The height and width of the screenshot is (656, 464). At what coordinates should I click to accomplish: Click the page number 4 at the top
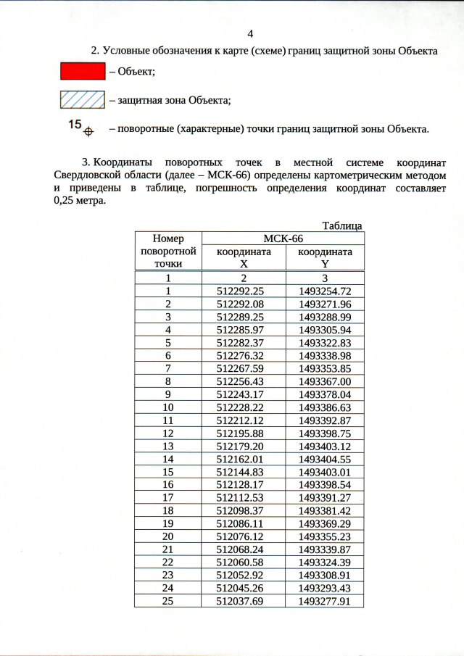pyautogui.click(x=251, y=34)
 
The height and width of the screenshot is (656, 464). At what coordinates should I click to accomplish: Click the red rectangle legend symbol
pyautogui.click(x=82, y=71)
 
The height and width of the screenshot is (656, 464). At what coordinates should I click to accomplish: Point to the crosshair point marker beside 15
pyautogui.click(x=89, y=132)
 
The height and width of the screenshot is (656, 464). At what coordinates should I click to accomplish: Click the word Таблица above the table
pyautogui.click(x=341, y=225)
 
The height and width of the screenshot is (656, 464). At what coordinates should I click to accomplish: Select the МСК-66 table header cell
pyautogui.click(x=282, y=238)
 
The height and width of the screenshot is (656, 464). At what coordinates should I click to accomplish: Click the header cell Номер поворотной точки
pyautogui.click(x=167, y=251)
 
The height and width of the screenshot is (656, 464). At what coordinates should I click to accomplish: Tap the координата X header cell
pyautogui.click(x=244, y=258)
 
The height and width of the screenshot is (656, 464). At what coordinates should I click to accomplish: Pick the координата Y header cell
pyautogui.click(x=325, y=258)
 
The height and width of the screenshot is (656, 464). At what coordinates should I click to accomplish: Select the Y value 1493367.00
pyautogui.click(x=325, y=381)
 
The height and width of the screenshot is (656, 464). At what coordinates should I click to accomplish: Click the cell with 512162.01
pyautogui.click(x=244, y=459)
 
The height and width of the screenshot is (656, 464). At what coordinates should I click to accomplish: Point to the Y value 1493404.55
pyautogui.click(x=325, y=459)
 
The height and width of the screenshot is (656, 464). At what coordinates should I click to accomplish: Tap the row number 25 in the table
pyautogui.click(x=167, y=601)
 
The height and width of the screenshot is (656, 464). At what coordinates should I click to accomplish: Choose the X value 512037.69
pyautogui.click(x=244, y=601)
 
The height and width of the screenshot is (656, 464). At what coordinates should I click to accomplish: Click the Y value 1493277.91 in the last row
pyautogui.click(x=325, y=601)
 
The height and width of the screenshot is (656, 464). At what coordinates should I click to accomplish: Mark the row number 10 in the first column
pyautogui.click(x=167, y=407)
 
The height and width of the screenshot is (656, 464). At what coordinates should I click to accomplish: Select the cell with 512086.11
pyautogui.click(x=244, y=523)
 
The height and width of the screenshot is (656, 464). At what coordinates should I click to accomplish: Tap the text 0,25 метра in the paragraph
pyautogui.click(x=80, y=201)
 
